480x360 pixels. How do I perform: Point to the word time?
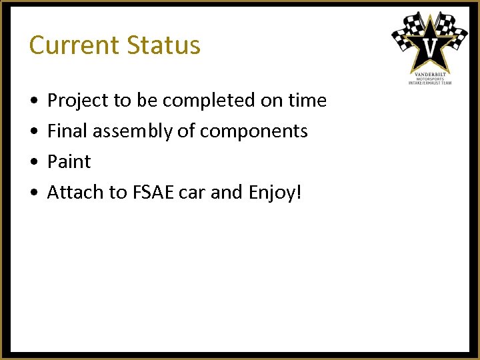coord(307,101)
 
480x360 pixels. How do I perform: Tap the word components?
coord(253,131)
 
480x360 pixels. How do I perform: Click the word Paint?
coord(69,161)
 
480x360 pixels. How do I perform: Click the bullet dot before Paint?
coord(33,162)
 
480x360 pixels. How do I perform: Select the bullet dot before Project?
coord(33,101)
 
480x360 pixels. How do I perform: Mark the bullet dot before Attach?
coord(33,193)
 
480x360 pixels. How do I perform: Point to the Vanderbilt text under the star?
coord(430,73)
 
